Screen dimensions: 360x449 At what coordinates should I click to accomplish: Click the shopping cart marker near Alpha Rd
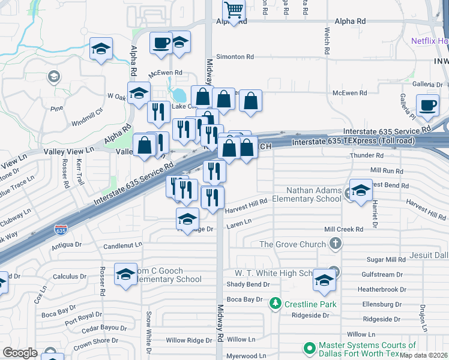coord(234,10)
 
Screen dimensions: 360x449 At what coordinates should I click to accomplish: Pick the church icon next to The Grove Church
coord(336,244)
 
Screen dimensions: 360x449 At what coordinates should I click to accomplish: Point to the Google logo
coord(20,353)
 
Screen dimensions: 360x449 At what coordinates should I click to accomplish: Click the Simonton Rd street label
coord(235,56)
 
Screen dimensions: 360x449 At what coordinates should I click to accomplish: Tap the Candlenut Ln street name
coord(122,245)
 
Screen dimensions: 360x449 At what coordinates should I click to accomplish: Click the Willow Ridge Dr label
coord(189,340)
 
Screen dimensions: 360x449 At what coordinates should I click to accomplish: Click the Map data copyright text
coord(423,355)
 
